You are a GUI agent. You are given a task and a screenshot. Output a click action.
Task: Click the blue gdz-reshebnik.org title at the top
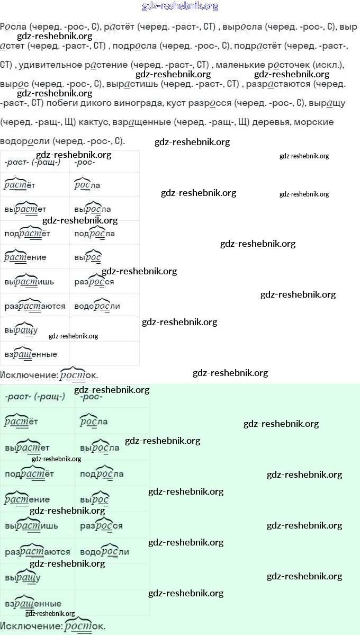[180, 6]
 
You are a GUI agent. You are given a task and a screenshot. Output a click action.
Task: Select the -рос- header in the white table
[85, 162]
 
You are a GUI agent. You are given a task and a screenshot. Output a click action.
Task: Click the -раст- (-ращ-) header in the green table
[35, 397]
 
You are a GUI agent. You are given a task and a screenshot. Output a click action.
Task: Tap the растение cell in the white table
[25, 257]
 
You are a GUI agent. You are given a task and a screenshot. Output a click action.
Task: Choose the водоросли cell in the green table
[104, 552]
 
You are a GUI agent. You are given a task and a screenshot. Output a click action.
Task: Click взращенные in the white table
[31, 354]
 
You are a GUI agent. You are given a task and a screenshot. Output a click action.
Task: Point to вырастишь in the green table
[31, 526]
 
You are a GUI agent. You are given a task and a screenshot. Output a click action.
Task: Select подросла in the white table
[95, 234]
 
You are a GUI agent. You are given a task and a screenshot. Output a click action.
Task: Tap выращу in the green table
[22, 577]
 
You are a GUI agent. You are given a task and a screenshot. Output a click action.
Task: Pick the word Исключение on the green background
[30, 626]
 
